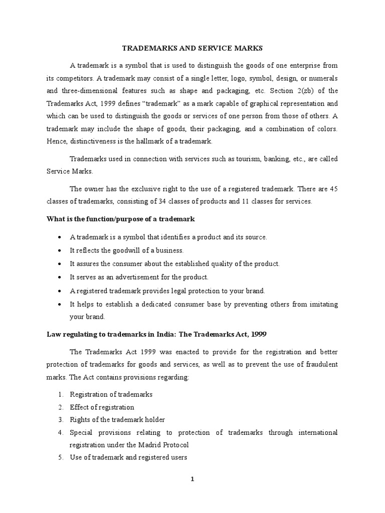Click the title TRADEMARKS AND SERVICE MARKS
click(x=192, y=48)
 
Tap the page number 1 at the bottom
click(x=192, y=479)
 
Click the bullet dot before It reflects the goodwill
click(x=60, y=250)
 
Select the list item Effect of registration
click(x=102, y=407)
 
